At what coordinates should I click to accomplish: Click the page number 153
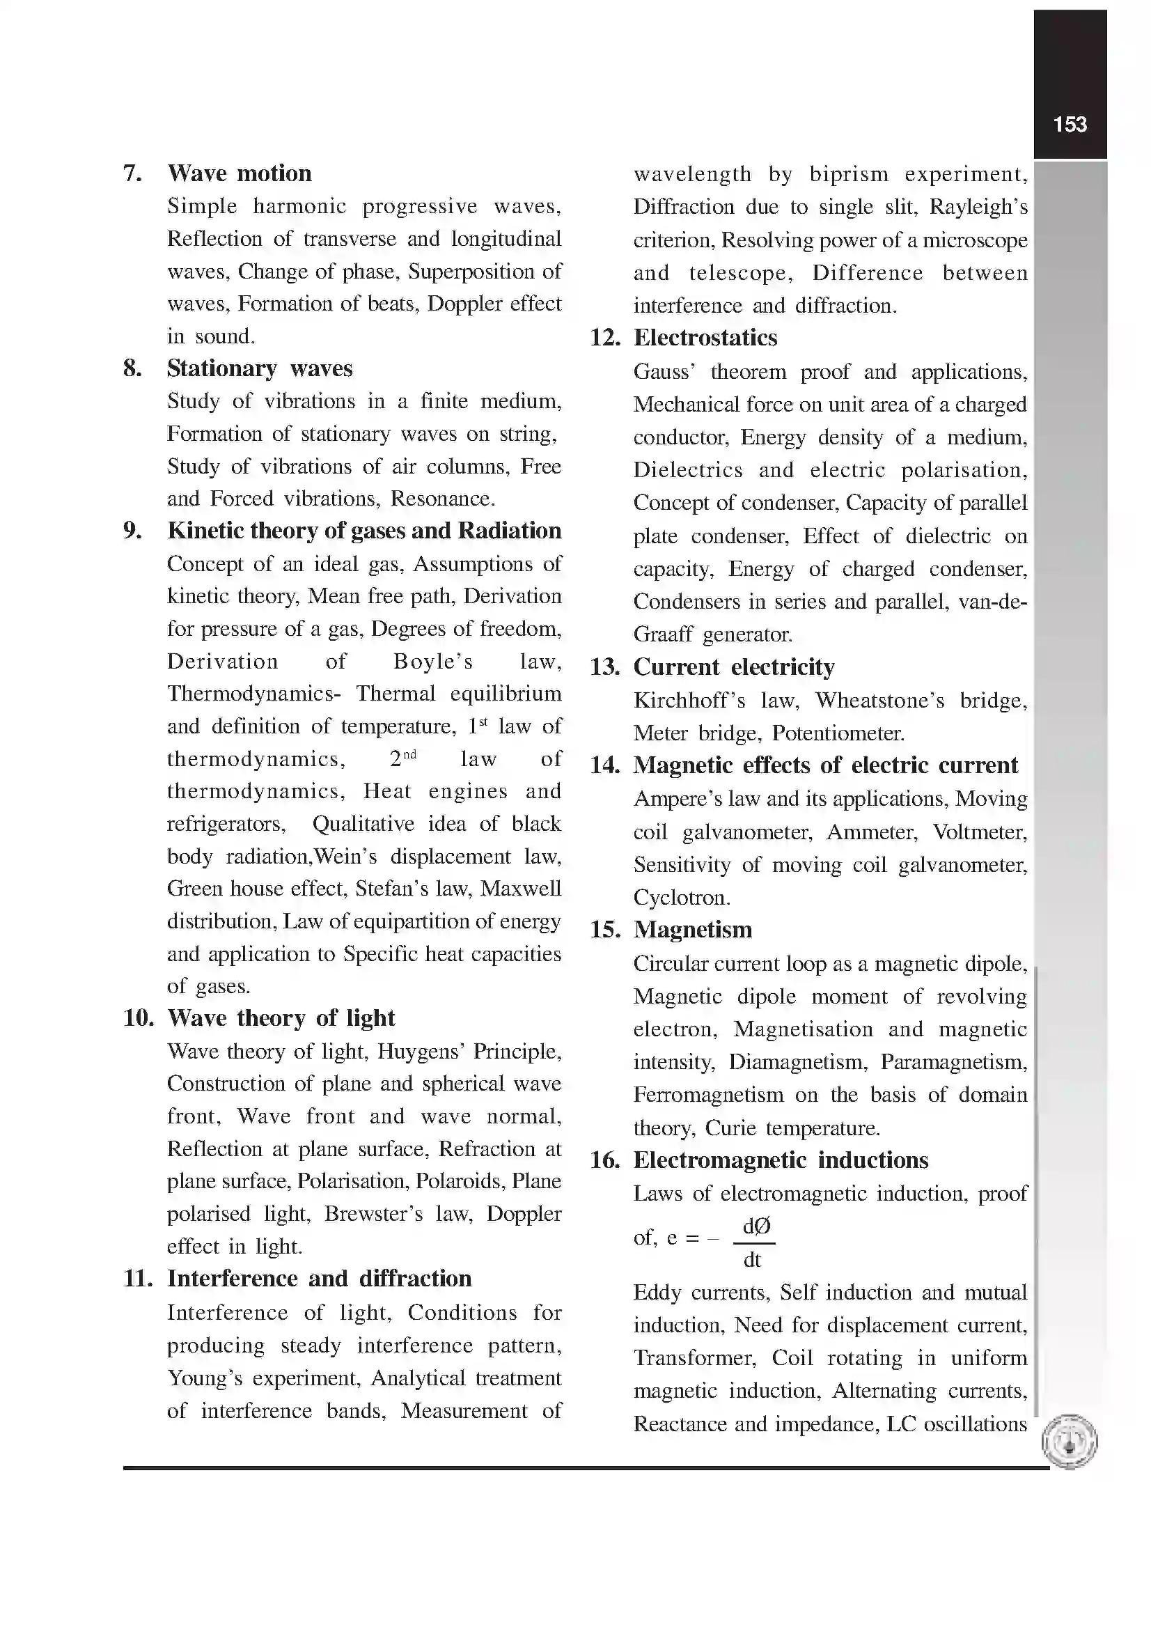[x=1070, y=125]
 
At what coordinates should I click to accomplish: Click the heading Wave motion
[x=239, y=173]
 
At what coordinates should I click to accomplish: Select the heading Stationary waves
[x=259, y=368]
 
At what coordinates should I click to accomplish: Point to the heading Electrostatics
[x=705, y=338]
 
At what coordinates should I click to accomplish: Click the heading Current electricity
[x=733, y=667]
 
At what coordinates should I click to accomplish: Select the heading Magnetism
[x=692, y=930]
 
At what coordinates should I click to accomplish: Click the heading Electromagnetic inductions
[x=780, y=1160]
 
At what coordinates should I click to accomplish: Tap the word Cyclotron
[x=681, y=898]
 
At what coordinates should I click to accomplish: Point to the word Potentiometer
[x=838, y=733]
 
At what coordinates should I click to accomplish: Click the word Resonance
[x=442, y=499]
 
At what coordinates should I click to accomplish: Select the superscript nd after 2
[x=410, y=754]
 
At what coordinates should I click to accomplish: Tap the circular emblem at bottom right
[x=1070, y=1442]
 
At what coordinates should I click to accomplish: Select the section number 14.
[x=604, y=765]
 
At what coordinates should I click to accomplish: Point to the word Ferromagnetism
[x=707, y=1095]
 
